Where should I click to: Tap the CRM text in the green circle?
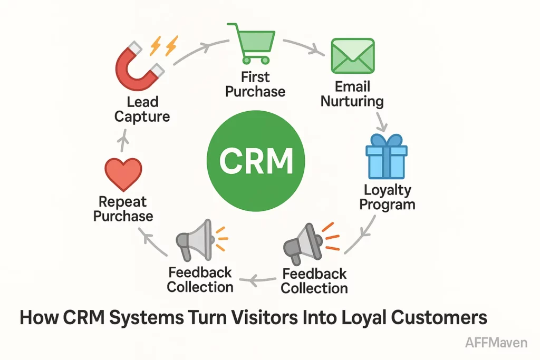256,160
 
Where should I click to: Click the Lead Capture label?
142,110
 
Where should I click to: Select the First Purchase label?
255,84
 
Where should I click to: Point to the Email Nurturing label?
352,93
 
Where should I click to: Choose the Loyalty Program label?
387,197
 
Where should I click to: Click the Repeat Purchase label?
123,209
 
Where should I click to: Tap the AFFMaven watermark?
496,343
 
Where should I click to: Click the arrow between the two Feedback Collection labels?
258,281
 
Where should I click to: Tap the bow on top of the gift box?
386,140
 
